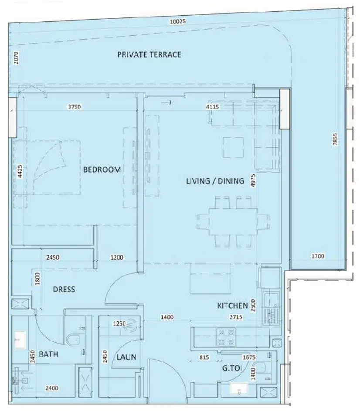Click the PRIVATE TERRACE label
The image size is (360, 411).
pos(149,54)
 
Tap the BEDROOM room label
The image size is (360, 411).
pos(102,170)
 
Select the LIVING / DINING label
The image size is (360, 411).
pos(215,181)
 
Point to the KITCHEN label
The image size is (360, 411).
pos(233,306)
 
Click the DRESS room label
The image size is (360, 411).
pos(64,289)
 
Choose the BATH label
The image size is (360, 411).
pos(48,354)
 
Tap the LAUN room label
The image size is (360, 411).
pos(126,357)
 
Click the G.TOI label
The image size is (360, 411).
pos(232,368)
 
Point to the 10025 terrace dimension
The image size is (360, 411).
pos(178,21)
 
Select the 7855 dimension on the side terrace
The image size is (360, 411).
pos(335,139)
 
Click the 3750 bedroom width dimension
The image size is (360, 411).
pos(74,107)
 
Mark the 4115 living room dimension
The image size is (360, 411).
pos(212,107)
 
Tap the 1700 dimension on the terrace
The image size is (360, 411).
pos(318,256)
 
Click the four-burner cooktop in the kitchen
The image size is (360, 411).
pos(226,337)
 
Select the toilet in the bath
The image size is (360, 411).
pos(75,340)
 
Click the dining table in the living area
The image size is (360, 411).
pos(233,222)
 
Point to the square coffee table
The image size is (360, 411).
pos(233,147)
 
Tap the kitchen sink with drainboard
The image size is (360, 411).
pos(272,308)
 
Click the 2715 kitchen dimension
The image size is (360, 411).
pos(236,317)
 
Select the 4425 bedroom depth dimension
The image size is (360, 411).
pos(20,171)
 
